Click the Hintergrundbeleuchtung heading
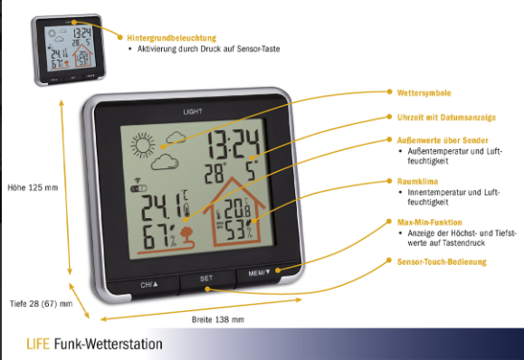[171, 38]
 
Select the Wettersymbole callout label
[424, 93]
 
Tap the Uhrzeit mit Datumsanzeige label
[446, 118]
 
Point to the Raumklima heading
[417, 181]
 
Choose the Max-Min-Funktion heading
[429, 223]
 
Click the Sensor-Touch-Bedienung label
[442, 261]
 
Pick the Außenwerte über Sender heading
[443, 140]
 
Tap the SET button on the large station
[206, 279]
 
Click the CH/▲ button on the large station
[149, 285]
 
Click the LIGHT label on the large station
[193, 111]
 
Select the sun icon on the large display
[143, 146]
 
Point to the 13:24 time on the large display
[233, 145]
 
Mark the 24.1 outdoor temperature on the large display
[161, 208]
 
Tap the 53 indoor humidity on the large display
[235, 230]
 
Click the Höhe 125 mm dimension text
[33, 187]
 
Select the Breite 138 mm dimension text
[218, 319]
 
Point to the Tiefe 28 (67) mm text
[41, 304]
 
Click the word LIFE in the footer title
[38, 344]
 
